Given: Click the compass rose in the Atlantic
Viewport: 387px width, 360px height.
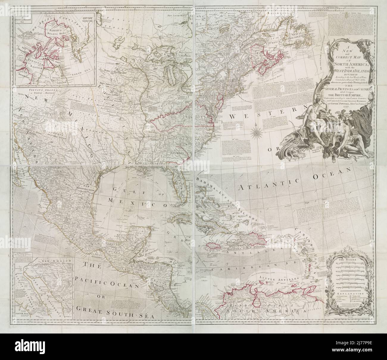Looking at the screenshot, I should click(255, 131).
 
